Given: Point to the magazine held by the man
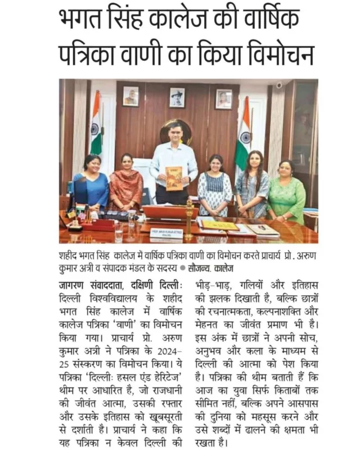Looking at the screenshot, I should (x=174, y=178).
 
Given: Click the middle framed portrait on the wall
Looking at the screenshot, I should (x=177, y=97).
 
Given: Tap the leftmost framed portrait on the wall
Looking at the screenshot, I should (x=130, y=96).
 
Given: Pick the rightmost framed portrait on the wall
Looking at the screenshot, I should (x=223, y=98).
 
